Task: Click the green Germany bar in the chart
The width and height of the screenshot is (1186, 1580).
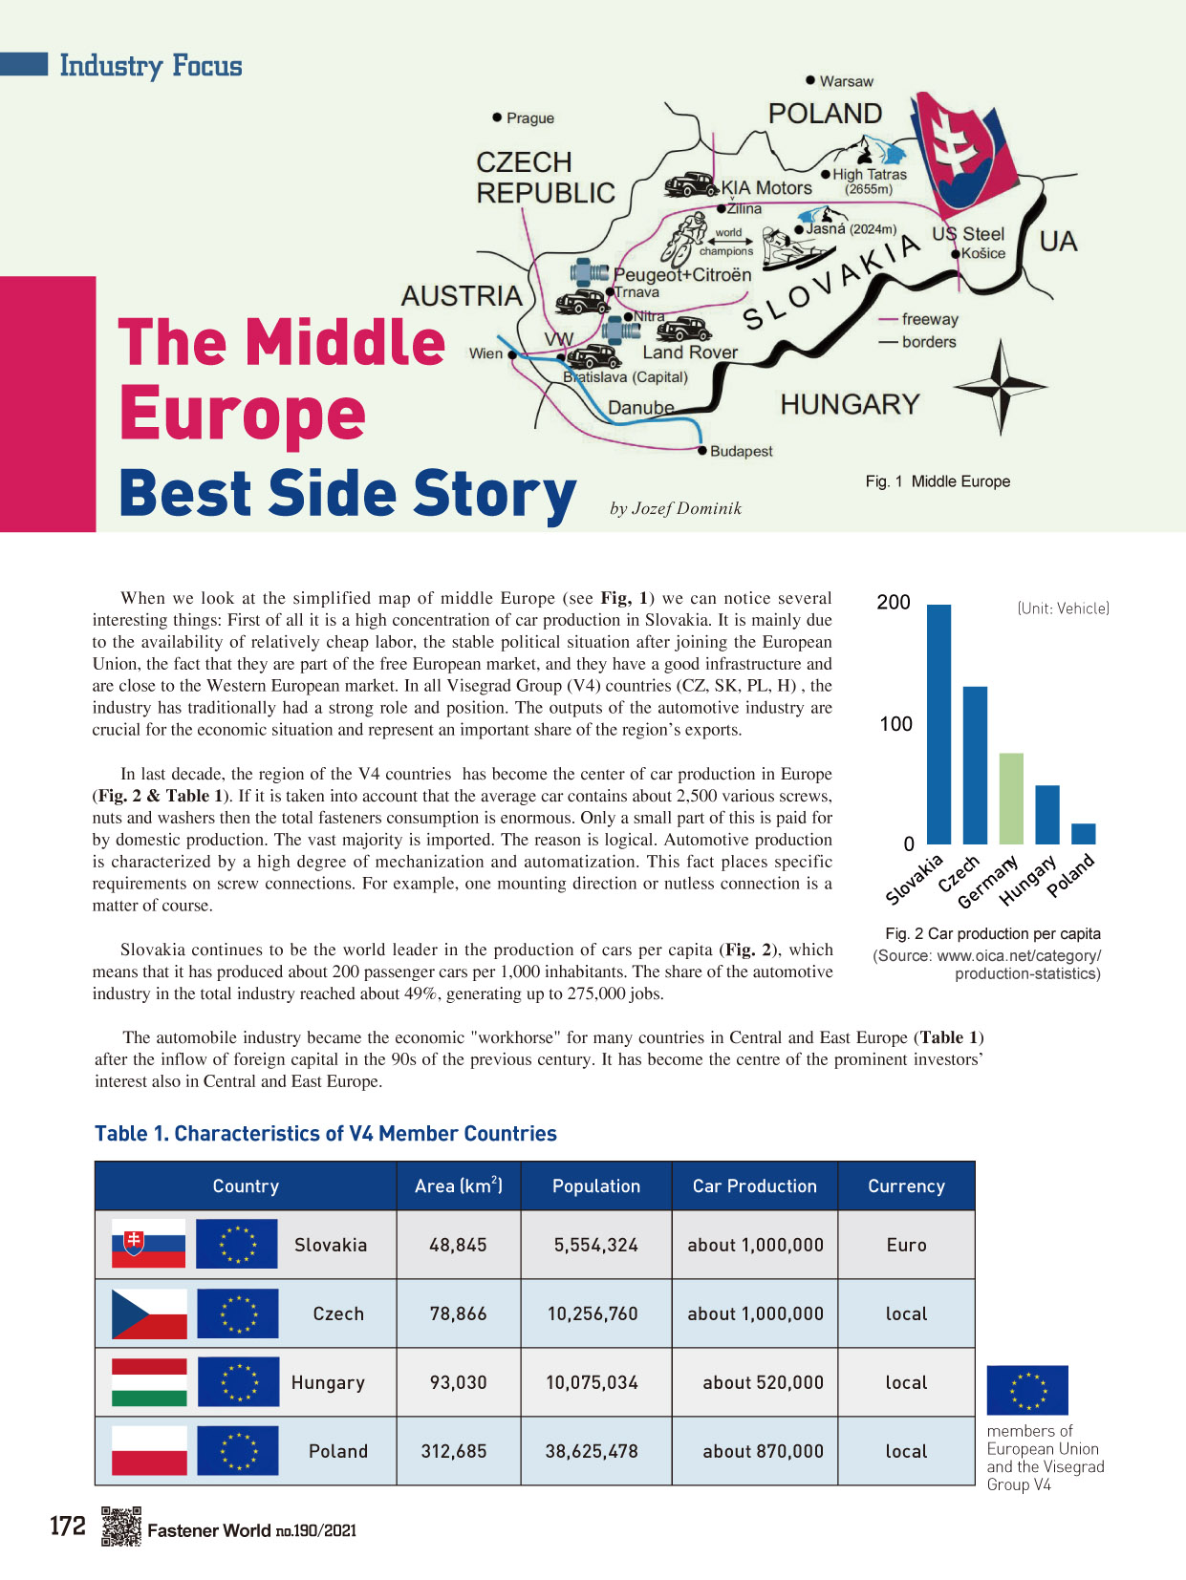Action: [x=1010, y=799]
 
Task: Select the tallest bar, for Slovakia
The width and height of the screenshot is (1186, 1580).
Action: [x=938, y=724]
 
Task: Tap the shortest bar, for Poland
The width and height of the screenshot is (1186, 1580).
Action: [x=1083, y=834]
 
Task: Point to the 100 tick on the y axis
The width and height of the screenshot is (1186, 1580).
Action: [x=895, y=724]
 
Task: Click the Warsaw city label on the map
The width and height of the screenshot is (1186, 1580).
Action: [x=846, y=82]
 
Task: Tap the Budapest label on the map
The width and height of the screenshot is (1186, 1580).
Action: [x=741, y=451]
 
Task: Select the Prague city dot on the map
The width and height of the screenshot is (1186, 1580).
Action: [x=497, y=117]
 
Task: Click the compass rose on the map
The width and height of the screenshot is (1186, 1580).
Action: [x=1001, y=386]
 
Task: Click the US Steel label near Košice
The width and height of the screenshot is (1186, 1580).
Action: [x=968, y=234]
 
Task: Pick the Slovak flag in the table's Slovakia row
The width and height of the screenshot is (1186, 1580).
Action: [x=148, y=1244]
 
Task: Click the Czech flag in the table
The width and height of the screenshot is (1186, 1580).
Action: [x=149, y=1313]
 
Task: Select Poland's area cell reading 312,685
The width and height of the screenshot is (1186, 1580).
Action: [x=454, y=1451]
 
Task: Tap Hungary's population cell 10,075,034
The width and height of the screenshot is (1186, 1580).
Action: [x=592, y=1382]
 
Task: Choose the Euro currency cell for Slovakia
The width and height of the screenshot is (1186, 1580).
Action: [x=906, y=1245]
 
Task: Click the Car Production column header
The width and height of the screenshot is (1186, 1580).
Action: [x=754, y=1186]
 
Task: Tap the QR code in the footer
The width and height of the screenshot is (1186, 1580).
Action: [x=120, y=1527]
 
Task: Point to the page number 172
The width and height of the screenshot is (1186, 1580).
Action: [x=68, y=1527]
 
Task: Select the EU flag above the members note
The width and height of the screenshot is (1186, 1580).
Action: [x=1026, y=1390]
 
